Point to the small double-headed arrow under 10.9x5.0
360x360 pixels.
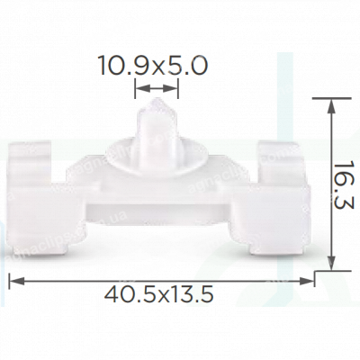(x=157, y=88)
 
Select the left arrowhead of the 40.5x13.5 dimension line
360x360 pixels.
(x=14, y=281)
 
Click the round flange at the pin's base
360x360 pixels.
(x=157, y=165)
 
